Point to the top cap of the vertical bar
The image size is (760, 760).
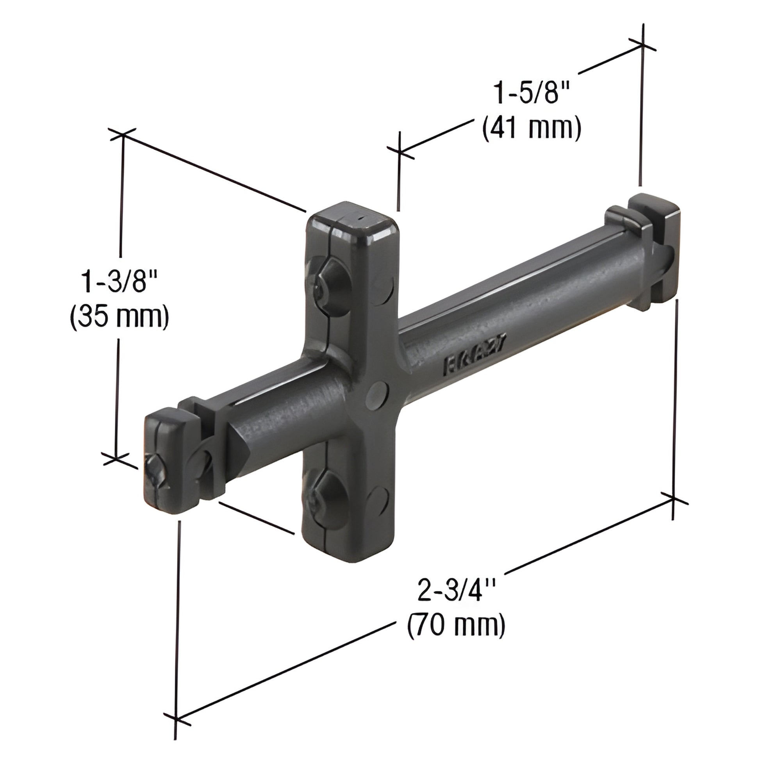click(x=351, y=220)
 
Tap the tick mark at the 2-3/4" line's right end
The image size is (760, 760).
click(x=673, y=499)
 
